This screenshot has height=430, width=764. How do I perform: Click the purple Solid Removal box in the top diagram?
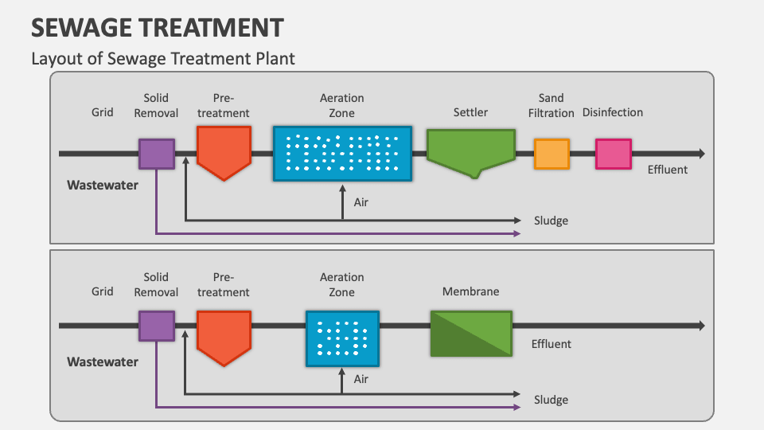tap(157, 154)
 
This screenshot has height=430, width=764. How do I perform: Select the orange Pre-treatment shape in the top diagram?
tap(224, 151)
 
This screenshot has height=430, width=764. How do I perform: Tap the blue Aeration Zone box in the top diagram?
tap(342, 153)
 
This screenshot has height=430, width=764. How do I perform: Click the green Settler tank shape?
tap(470, 150)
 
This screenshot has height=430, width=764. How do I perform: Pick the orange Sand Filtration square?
tap(552, 154)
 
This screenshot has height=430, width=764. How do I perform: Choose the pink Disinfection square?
tap(613, 154)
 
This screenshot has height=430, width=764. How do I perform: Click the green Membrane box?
tap(470, 333)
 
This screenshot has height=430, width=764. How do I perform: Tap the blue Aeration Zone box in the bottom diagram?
tap(342, 333)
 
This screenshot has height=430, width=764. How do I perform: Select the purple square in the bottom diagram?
tap(157, 326)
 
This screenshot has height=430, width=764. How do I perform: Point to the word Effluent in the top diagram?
tap(667, 170)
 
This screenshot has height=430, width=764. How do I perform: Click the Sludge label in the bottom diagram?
tap(551, 400)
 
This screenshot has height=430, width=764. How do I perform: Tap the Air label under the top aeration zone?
tap(361, 202)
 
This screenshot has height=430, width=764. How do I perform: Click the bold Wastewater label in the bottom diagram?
tap(102, 362)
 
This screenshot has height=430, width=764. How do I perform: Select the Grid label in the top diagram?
tap(102, 112)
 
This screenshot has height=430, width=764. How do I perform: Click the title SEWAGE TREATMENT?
tap(157, 28)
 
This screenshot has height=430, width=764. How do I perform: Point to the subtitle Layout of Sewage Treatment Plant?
tap(162, 58)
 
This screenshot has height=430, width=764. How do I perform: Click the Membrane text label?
tap(470, 291)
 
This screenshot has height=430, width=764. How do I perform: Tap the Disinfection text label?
tap(612, 112)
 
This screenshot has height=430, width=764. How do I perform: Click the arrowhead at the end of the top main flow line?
tap(700, 154)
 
